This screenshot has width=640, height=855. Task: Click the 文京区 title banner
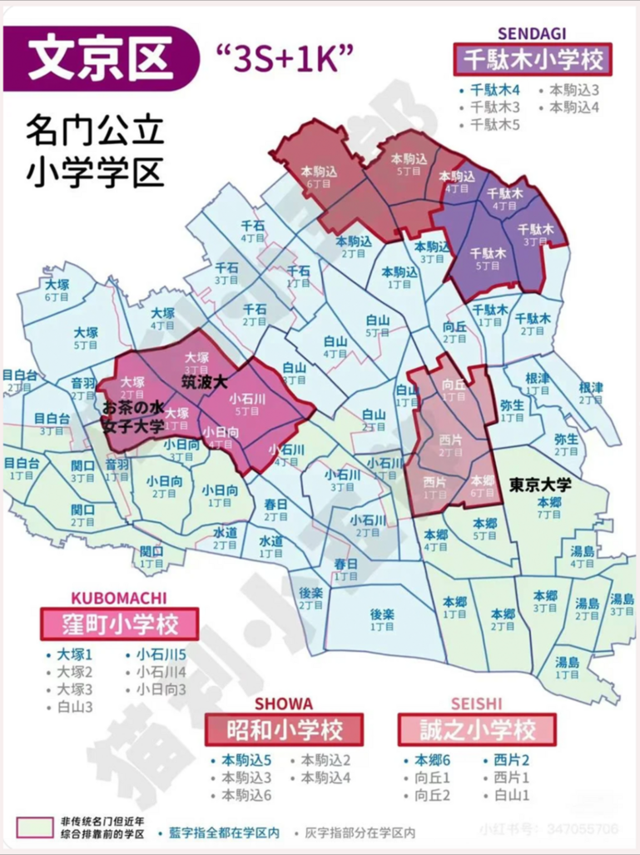(100, 56)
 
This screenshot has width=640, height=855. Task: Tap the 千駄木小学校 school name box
(532, 59)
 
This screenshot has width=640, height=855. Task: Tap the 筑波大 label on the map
(205, 382)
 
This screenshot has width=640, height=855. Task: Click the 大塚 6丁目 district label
(57, 290)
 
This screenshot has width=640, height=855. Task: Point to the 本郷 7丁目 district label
(549, 508)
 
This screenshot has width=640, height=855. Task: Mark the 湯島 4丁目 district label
(582, 556)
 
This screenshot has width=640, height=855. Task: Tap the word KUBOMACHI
(118, 598)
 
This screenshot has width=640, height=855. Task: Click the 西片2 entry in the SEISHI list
(511, 759)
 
